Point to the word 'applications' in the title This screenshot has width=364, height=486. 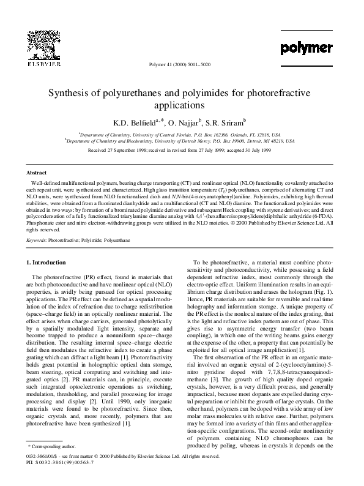pyautogui.click(x=182, y=105)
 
